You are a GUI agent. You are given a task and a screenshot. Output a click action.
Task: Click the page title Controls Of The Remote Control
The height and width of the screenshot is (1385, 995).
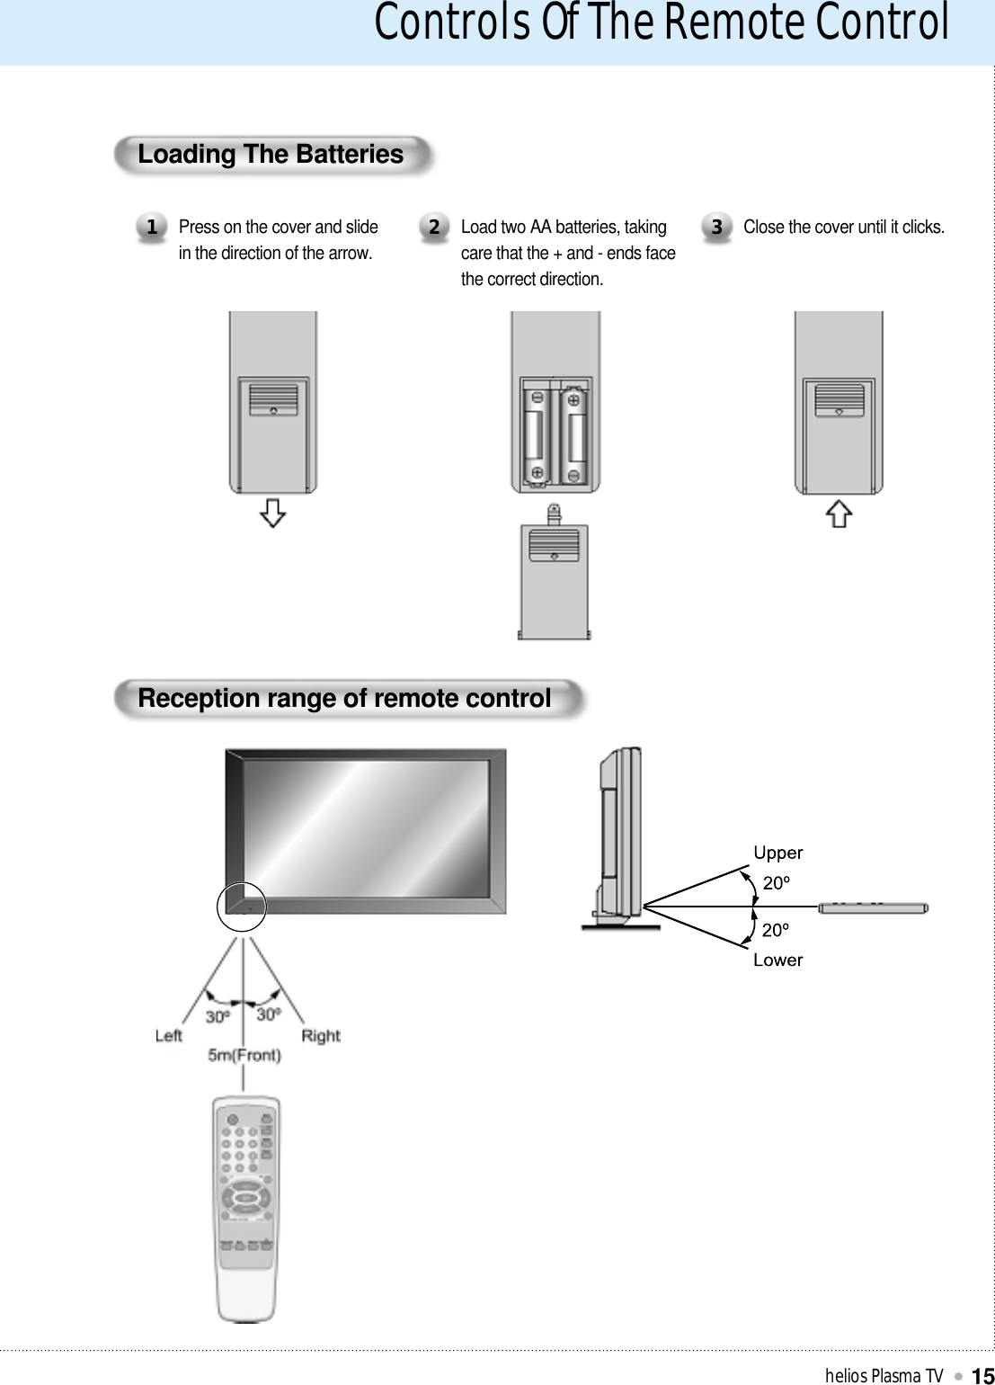pos(661,23)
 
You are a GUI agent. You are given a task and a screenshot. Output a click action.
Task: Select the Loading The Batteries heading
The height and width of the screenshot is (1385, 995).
pos(271,155)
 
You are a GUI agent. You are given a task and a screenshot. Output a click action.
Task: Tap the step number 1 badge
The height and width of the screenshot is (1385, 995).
pos(152,228)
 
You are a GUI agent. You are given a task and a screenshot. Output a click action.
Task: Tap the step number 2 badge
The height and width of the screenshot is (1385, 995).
pos(434,228)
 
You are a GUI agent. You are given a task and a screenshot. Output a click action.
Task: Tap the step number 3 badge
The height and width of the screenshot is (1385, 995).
pos(716,228)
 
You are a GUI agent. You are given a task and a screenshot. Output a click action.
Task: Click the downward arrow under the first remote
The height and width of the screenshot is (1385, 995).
pos(272,513)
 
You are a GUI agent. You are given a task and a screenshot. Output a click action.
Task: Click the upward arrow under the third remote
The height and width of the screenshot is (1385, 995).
pos(839,514)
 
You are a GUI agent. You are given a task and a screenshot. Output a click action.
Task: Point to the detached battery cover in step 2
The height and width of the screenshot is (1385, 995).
pos(555,576)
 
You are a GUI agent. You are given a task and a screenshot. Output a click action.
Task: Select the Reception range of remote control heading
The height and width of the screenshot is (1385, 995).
pos(344,699)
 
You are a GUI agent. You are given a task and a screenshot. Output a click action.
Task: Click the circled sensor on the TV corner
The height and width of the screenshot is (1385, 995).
pos(242,907)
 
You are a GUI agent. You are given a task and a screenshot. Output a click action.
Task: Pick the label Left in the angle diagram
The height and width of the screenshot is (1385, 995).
pos(168,1036)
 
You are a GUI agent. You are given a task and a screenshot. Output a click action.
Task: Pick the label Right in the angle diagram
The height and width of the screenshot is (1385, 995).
pos(321,1036)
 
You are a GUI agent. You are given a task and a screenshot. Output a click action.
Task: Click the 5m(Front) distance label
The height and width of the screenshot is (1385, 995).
pos(244,1056)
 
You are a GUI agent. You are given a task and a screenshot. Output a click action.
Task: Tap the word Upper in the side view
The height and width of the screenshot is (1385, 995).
pos(777,853)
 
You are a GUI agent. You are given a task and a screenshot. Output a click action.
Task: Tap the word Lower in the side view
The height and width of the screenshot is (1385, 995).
pos(777,961)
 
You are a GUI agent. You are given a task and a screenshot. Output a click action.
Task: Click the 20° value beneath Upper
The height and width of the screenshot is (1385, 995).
pos(776,883)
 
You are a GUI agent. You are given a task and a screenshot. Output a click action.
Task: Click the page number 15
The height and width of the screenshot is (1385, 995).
pos(982,1375)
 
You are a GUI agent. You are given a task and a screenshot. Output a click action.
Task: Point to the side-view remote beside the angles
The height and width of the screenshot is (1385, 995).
pos(872,908)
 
